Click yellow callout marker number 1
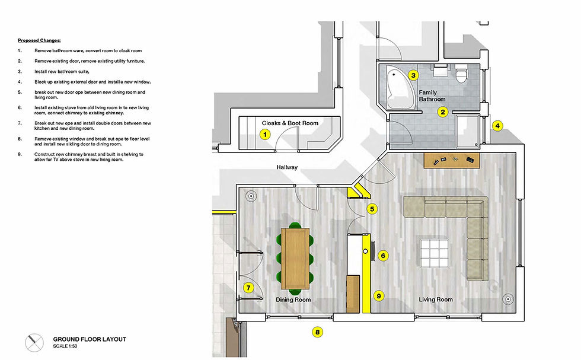click(x=266, y=135)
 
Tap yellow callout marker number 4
click(x=498, y=125)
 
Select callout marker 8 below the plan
click(x=318, y=333)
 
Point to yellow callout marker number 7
click(x=248, y=288)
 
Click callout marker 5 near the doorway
click(x=372, y=209)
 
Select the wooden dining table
click(x=295, y=257)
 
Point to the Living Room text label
click(x=436, y=300)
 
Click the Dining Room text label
click(x=293, y=300)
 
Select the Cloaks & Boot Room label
click(x=290, y=123)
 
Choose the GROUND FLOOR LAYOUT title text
click(x=90, y=339)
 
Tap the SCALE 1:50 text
click(x=65, y=346)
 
